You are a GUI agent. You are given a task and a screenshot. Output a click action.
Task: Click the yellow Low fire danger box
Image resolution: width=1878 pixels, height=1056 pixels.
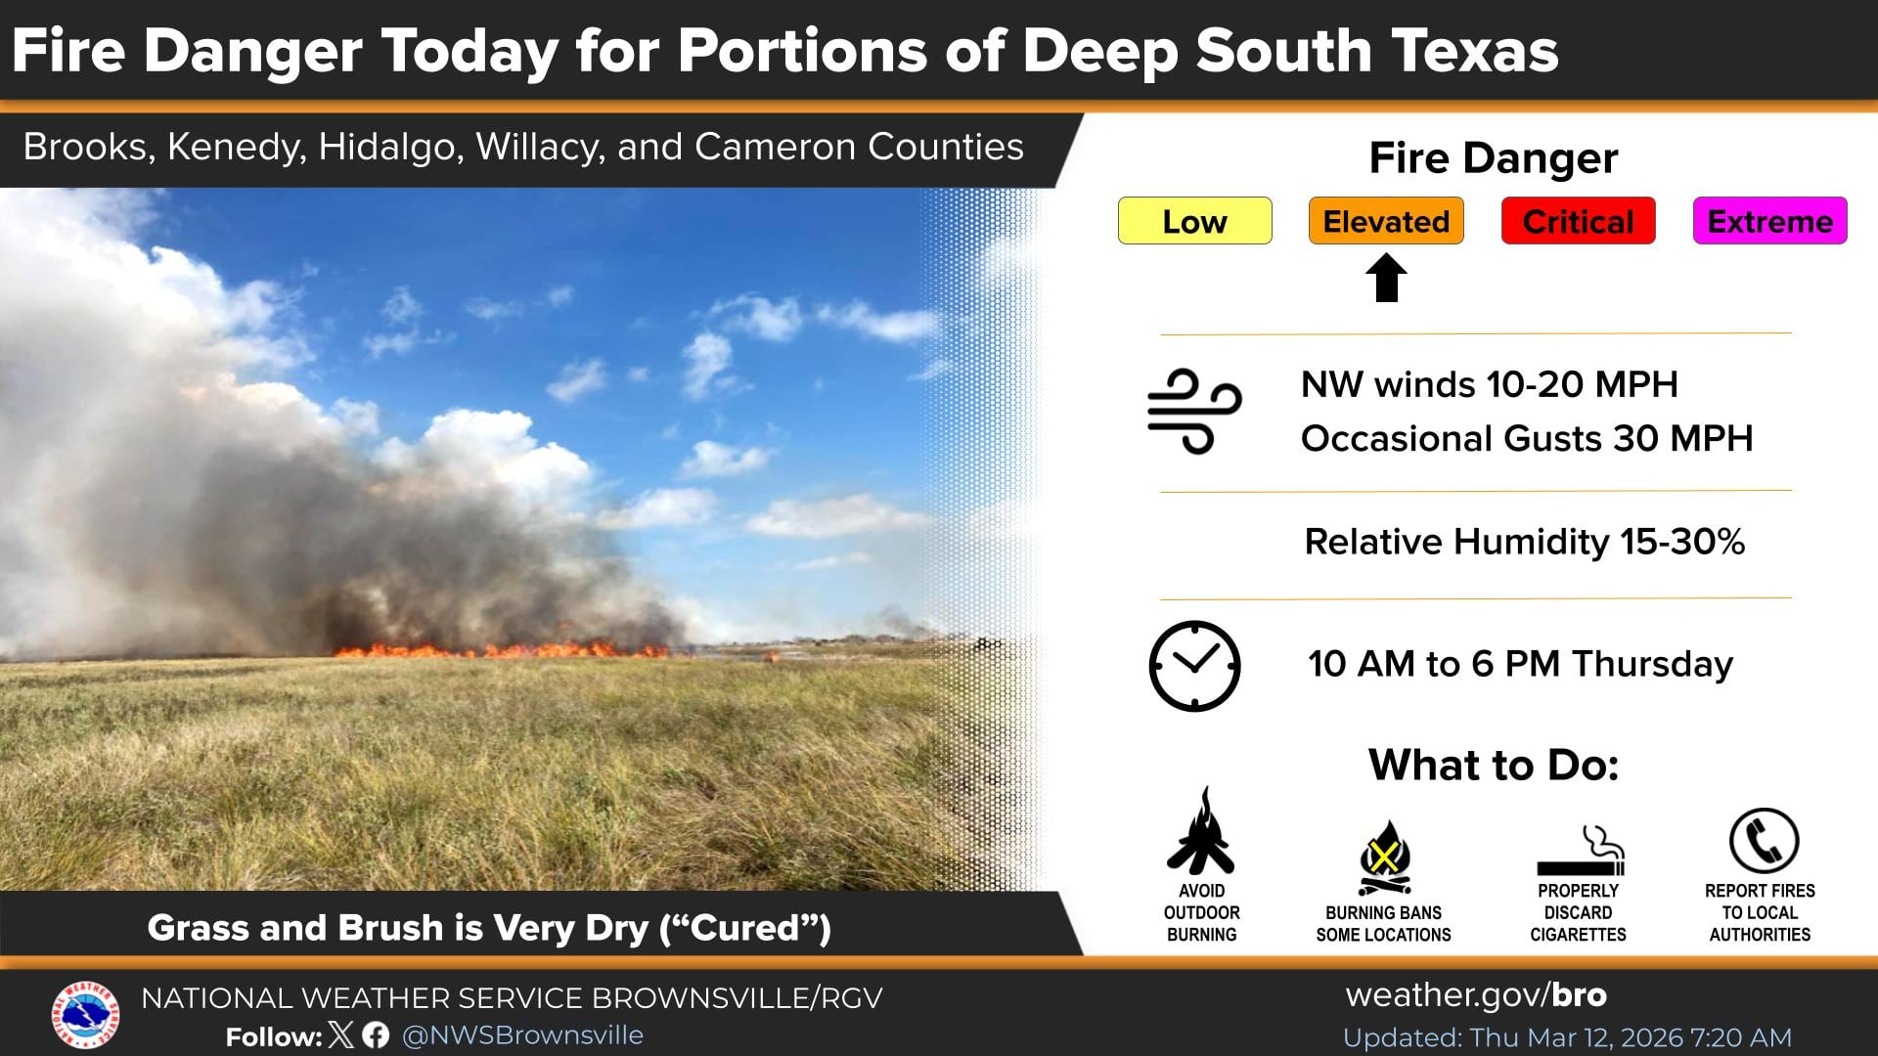[x=1194, y=221]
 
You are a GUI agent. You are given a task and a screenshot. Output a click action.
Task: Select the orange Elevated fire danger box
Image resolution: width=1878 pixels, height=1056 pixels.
[x=1386, y=221]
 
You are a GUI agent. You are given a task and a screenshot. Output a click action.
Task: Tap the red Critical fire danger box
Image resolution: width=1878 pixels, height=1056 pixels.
[x=1578, y=221]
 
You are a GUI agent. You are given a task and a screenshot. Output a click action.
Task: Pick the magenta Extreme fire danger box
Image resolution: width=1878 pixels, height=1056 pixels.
[x=1769, y=221]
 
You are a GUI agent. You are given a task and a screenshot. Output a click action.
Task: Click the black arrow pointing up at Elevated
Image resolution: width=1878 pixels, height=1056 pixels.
[x=1386, y=278]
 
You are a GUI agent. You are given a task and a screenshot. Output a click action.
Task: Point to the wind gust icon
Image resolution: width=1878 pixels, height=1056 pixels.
[x=1194, y=412]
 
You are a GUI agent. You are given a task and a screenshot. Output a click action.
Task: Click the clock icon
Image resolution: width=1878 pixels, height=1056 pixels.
[x=1194, y=666]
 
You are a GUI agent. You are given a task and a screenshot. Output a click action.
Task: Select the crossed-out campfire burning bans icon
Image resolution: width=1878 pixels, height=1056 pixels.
[x=1384, y=858]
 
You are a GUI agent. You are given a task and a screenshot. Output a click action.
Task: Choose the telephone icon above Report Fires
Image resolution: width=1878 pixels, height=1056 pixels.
[x=1764, y=841]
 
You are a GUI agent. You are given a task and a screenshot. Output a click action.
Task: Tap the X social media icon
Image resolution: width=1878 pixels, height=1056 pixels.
[x=341, y=1035]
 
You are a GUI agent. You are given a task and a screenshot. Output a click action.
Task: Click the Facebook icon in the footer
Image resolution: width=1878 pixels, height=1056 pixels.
[x=376, y=1035]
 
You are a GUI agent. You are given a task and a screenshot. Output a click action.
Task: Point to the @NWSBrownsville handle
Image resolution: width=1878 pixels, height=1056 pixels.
[x=522, y=1035]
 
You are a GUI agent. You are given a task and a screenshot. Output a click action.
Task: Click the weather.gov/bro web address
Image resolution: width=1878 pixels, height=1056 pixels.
[x=1476, y=995]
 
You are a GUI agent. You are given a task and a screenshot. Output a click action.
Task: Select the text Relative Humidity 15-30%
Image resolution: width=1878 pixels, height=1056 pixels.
[x=1524, y=542]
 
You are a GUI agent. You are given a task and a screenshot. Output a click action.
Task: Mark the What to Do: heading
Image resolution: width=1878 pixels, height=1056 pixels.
[x=1493, y=765]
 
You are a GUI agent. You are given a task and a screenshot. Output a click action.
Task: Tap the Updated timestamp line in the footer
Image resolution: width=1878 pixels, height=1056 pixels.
[x=1567, y=1037]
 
